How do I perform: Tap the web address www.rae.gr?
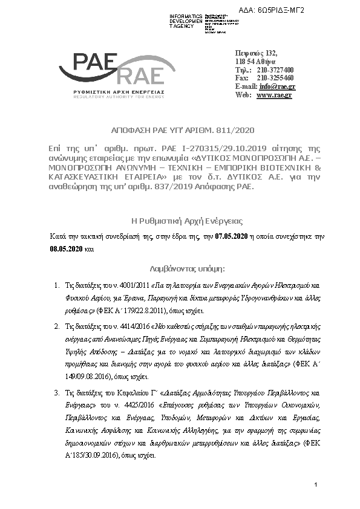(274, 95)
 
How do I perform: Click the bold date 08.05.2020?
(66, 248)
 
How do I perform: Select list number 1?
(56, 284)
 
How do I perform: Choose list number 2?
(56, 326)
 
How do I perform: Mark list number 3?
(56, 392)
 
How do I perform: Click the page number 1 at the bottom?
(316, 485)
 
